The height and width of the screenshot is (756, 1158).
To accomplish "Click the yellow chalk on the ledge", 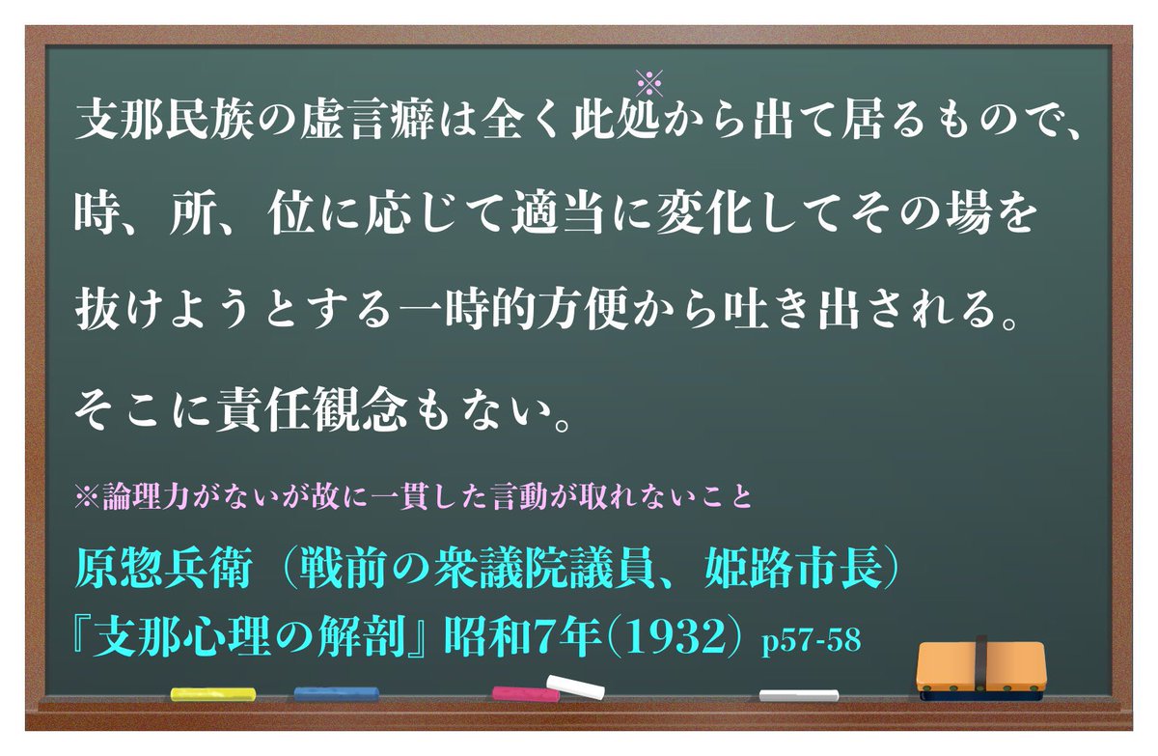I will coord(212,693).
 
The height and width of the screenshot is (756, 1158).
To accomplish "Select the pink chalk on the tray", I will coord(525,693).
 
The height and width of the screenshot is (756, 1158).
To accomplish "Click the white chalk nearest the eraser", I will coord(798,694).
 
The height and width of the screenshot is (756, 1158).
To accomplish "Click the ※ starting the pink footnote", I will coord(83,501).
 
